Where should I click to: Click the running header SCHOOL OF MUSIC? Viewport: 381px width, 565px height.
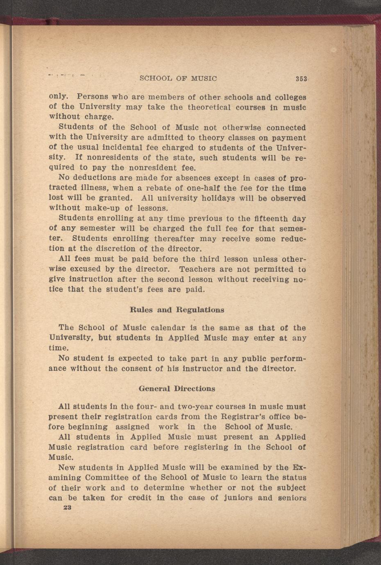click(x=178, y=78)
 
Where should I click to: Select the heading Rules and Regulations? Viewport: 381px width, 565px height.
click(x=177, y=310)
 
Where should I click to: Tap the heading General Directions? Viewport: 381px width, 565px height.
click(x=177, y=388)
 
